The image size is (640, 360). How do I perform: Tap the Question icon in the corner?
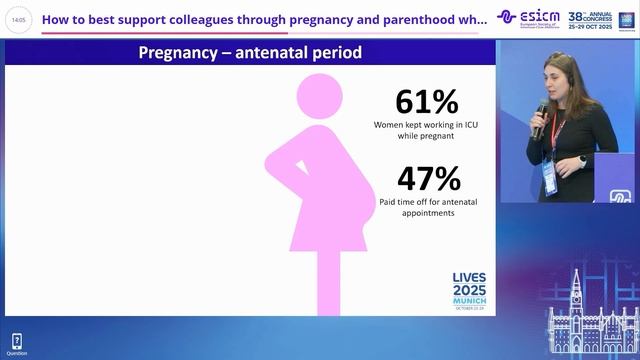16,344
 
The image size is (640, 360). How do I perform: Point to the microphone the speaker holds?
541,116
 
